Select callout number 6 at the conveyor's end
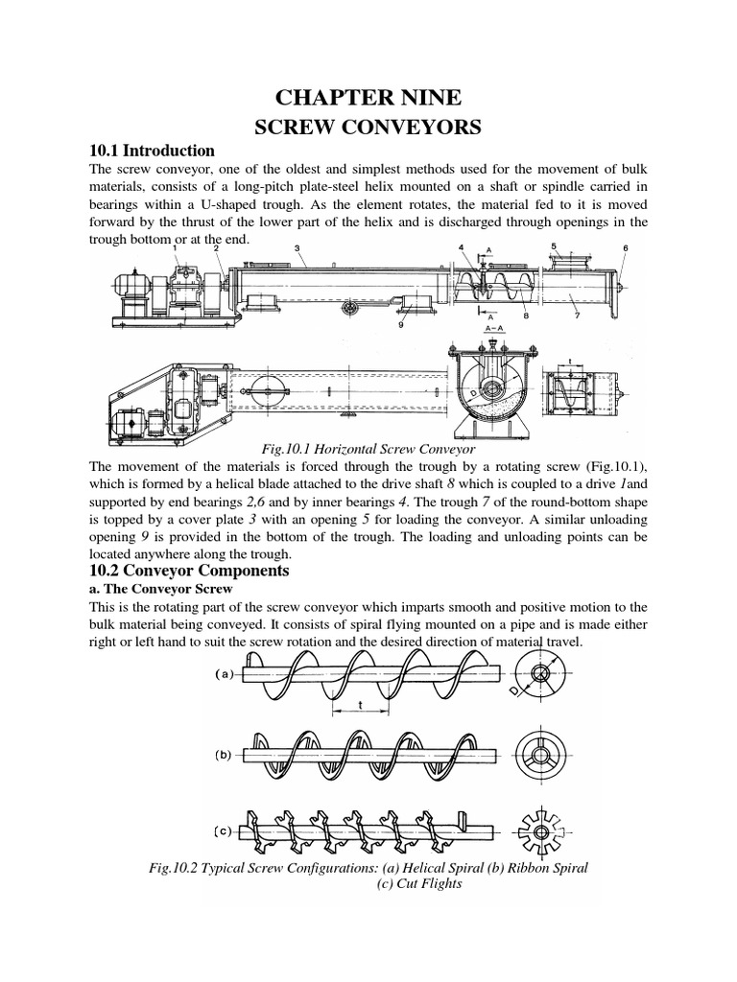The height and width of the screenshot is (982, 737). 625,247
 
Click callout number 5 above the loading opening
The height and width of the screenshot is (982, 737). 554,245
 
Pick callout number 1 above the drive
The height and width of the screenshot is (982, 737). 176,247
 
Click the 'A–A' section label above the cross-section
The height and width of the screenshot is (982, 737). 491,329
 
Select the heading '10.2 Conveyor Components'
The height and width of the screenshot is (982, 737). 181,571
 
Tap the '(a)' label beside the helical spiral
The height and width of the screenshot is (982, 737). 220,673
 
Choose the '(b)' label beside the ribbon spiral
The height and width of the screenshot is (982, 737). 220,754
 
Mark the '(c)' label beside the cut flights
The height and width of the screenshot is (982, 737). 221,828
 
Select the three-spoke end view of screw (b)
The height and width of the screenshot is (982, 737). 540,752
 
